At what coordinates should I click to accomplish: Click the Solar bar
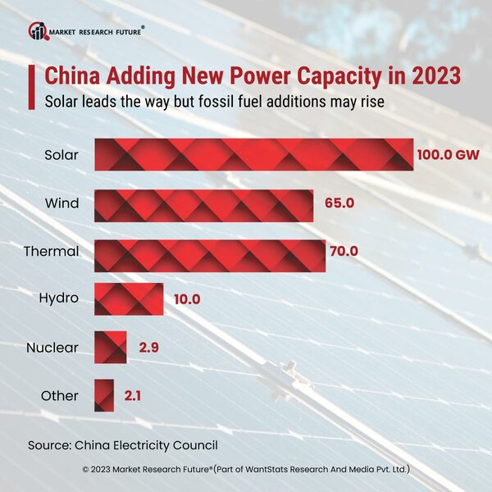pyautogui.click(x=253, y=154)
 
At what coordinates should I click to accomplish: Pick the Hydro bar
pyautogui.click(x=129, y=298)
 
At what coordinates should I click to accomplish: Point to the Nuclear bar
pyautogui.click(x=111, y=347)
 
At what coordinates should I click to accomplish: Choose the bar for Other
pyautogui.click(x=104, y=395)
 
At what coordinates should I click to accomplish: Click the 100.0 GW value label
pyautogui.click(x=450, y=154)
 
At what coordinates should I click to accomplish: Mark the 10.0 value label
pyautogui.click(x=187, y=299)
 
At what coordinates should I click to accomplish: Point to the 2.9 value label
pyautogui.click(x=148, y=348)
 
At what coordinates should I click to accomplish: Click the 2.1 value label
pyautogui.click(x=132, y=396)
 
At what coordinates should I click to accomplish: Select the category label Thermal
pyautogui.click(x=51, y=251)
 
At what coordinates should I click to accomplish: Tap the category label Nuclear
pyautogui.click(x=52, y=348)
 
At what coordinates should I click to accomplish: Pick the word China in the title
pyautogui.click(x=71, y=77)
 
